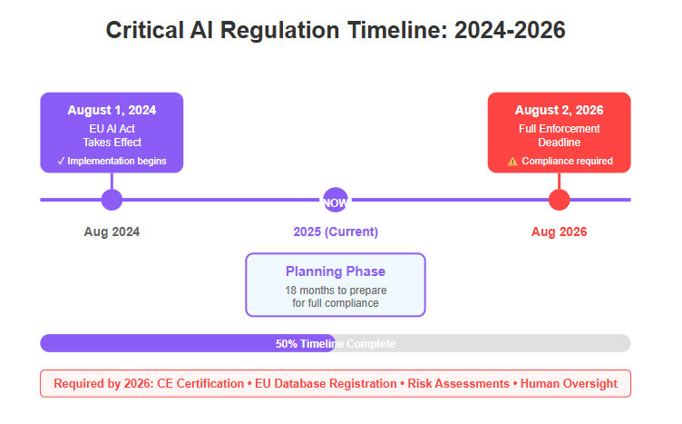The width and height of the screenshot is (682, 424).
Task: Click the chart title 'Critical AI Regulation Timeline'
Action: point(277,30)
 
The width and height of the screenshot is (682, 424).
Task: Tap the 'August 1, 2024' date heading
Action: point(112,110)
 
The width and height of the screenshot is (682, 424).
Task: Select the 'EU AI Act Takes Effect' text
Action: point(112,135)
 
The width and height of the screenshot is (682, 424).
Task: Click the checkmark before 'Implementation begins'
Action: point(61,161)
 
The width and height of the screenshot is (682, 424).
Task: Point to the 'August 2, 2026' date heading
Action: point(559,110)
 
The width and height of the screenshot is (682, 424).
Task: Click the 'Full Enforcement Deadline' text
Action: point(559,135)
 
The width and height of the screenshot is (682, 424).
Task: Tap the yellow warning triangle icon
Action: point(512,162)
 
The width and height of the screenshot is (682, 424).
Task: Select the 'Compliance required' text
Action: point(567,161)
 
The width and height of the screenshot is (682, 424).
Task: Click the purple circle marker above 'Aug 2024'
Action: point(112,200)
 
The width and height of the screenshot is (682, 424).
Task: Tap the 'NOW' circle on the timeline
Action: point(336,201)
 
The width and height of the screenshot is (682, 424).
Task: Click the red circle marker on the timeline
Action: point(559,200)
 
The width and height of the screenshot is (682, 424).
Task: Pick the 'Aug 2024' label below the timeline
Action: point(112,232)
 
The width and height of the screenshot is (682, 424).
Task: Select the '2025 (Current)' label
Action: point(336,232)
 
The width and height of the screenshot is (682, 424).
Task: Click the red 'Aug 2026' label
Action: point(559,232)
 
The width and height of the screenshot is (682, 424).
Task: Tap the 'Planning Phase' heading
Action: point(336,271)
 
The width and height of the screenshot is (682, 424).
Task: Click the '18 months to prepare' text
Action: point(336,291)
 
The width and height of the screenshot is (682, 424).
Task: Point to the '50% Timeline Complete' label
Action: point(336,344)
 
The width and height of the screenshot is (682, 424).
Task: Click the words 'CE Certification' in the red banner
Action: point(200,383)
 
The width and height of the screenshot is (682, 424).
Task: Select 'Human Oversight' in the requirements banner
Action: point(569,383)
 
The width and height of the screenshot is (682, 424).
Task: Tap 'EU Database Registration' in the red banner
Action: point(326,383)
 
